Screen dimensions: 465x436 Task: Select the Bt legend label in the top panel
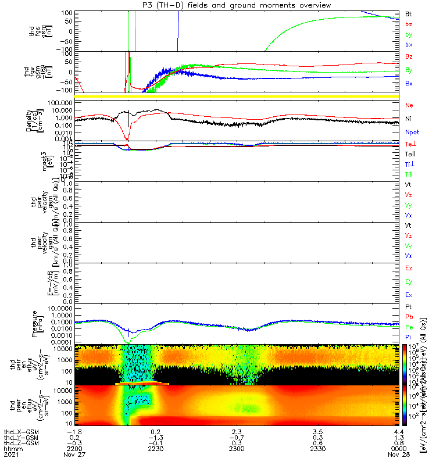click(409, 13)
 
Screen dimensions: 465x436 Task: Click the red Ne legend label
click(409, 105)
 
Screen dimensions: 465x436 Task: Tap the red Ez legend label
click(409, 268)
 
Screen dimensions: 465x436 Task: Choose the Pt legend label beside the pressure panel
click(409, 306)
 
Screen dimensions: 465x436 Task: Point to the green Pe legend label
click(409, 327)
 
